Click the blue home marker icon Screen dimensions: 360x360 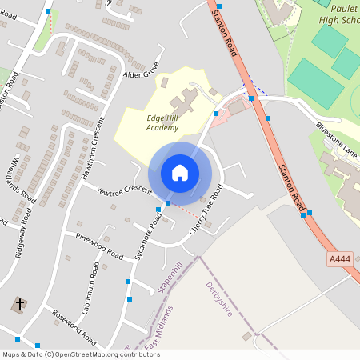180,173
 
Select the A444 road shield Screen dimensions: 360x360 339,260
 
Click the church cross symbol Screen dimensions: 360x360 18,305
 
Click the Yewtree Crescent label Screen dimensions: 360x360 124,190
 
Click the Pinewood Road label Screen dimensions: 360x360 100,248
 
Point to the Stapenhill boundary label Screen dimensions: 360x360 171,277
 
